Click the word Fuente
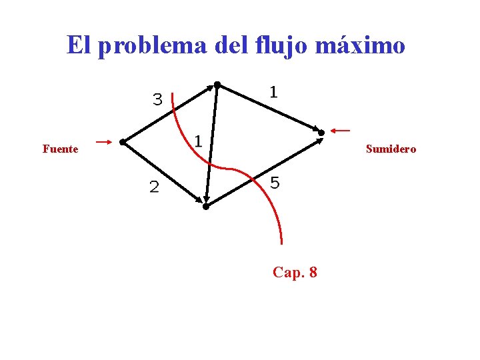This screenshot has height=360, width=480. click(x=60, y=149)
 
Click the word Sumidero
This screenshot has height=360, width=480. click(x=391, y=149)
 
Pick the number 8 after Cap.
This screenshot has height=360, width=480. click(x=313, y=272)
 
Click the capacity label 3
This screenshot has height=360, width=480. click(x=157, y=100)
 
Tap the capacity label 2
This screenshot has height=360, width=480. click(x=154, y=188)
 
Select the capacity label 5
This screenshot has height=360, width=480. click(x=275, y=183)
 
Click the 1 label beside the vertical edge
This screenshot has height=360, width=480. click(x=198, y=141)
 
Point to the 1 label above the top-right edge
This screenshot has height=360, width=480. click(x=273, y=92)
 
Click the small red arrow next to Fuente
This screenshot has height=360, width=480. click(x=103, y=141)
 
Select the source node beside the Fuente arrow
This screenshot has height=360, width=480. click(x=122, y=142)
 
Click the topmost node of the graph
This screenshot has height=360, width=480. click(x=217, y=85)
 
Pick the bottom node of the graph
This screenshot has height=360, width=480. click(x=206, y=207)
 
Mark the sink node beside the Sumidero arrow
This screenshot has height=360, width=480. click(x=321, y=133)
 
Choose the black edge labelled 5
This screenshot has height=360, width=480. click(x=263, y=171)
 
